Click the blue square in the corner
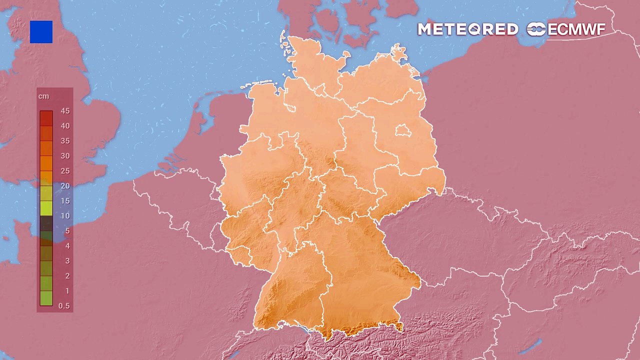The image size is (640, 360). tap(41, 32)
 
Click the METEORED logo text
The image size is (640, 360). tap(467, 29)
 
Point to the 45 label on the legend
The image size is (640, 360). tap(65, 111)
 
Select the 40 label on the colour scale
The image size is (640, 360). tap(65, 126)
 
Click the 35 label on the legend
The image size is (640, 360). tap(65, 141)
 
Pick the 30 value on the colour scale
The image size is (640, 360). tap(65, 156)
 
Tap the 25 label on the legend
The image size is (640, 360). tap(65, 171)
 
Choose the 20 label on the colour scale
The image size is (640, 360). tap(65, 186)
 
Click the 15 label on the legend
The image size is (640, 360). tap(65, 201)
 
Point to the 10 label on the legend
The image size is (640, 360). tap(65, 216)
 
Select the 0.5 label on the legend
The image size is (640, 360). tap(64, 306)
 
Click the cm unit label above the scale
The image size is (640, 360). tap(43, 96)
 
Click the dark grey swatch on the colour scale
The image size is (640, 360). tap(46, 223)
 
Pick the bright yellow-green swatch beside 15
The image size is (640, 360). tap(46, 208)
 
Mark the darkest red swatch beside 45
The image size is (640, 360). tap(46, 118)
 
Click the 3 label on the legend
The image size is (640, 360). tap(67, 261)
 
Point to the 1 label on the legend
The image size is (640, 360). tap(67, 291)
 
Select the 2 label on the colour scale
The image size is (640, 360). tap(67, 276)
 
